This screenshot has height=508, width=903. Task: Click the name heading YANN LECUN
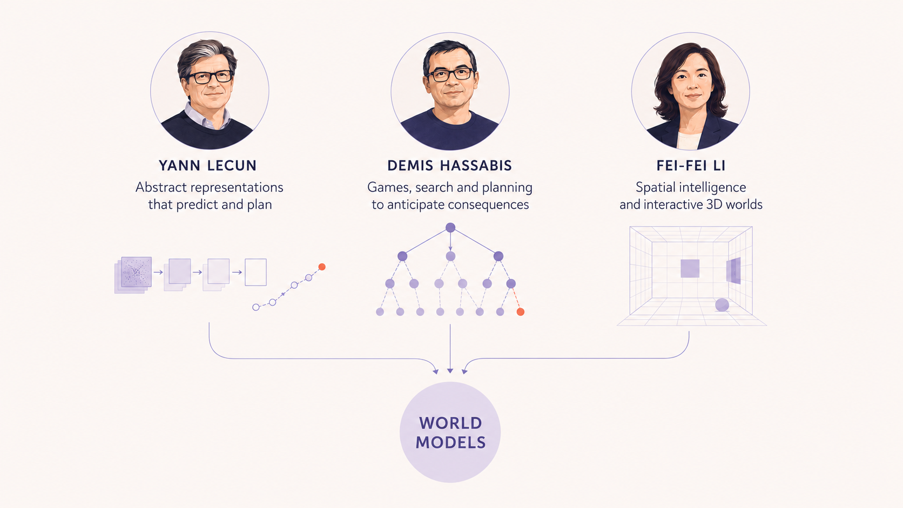(207, 166)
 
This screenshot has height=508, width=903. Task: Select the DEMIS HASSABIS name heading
(449, 166)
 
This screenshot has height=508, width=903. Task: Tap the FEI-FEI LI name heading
(691, 166)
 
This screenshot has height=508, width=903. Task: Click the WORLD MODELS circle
(450, 432)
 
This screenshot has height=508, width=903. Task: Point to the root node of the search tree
(450, 228)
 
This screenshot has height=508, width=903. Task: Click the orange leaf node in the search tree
(521, 311)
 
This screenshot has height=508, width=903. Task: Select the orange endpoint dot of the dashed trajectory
(322, 267)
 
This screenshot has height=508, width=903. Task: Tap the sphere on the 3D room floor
(722, 305)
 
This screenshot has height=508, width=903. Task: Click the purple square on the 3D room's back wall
(690, 268)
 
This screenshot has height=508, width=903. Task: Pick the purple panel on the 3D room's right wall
(733, 270)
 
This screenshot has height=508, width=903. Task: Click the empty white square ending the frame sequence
(255, 272)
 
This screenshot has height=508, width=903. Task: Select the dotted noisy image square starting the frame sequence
(136, 272)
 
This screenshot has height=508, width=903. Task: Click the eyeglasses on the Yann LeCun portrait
(209, 77)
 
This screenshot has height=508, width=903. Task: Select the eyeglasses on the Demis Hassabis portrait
(450, 74)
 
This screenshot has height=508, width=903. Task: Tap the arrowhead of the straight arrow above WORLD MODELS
(450, 371)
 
